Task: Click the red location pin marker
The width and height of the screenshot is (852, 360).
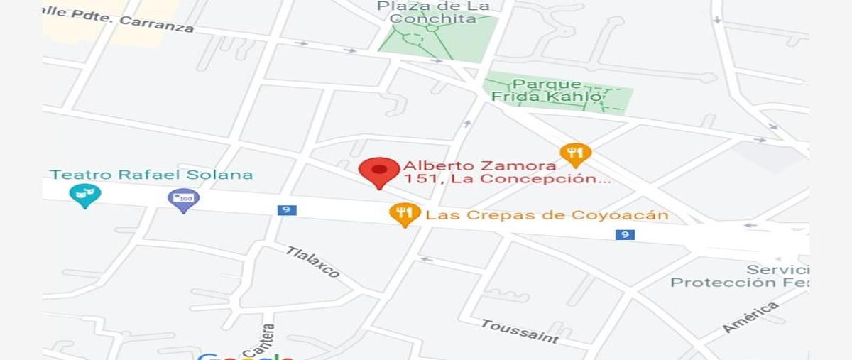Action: (x=379, y=171)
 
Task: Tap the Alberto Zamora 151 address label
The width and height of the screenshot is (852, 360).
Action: (x=507, y=173)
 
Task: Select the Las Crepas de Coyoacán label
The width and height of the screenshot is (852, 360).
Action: (x=547, y=215)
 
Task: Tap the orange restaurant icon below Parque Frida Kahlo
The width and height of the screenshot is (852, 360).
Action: (x=575, y=153)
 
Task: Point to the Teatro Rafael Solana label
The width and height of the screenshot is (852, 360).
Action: (x=151, y=175)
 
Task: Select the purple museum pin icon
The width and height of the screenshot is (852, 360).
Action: (x=184, y=199)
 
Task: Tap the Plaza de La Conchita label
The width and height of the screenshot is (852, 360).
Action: (x=433, y=12)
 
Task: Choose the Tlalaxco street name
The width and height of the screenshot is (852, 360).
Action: (x=312, y=262)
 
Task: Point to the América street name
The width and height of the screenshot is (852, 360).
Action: (x=750, y=317)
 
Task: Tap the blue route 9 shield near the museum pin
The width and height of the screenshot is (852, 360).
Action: (x=287, y=210)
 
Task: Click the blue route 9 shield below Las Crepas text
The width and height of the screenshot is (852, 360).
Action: (x=625, y=235)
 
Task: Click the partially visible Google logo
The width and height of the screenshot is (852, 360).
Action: (x=245, y=356)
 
